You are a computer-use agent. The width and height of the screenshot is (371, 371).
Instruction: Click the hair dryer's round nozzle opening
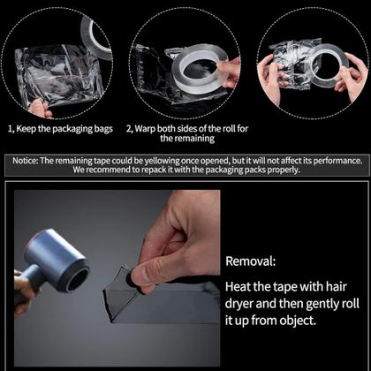tap(76, 277)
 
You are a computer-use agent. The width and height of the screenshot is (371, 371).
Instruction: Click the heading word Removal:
tap(251, 261)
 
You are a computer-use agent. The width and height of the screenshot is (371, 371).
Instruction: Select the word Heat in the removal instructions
tap(238, 286)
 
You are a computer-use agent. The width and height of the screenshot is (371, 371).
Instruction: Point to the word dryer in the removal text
tap(239, 304)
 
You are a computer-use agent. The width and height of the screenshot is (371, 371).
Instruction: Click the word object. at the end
tap(298, 321)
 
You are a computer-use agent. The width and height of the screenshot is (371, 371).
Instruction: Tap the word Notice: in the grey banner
tap(26, 161)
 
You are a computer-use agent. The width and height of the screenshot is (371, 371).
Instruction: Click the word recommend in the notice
tap(108, 170)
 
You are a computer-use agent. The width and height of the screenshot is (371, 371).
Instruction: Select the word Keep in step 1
tap(26, 129)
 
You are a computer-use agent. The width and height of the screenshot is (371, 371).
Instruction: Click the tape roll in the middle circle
tap(200, 69)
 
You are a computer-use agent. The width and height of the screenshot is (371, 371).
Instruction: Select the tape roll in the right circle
tap(329, 64)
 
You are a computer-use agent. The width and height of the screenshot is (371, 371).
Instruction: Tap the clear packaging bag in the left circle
tap(59, 75)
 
